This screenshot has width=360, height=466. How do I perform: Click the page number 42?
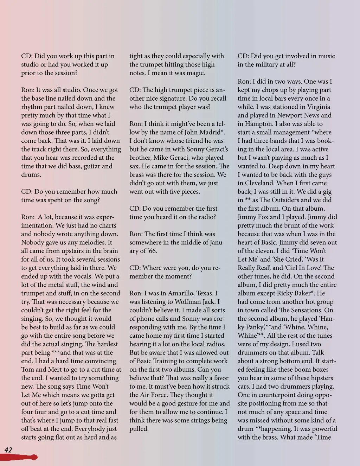click(x=8, y=450)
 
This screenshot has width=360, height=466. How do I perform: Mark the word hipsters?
click(x=320, y=378)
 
